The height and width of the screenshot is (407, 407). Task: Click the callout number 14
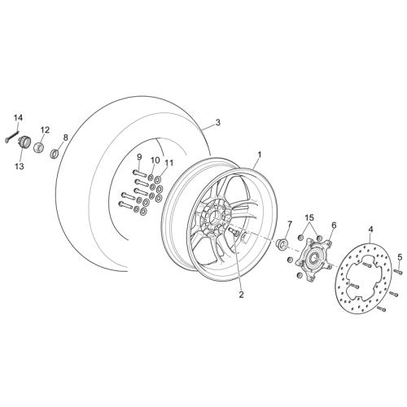19,118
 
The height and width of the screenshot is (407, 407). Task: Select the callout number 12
46,130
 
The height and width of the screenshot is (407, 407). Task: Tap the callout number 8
65,138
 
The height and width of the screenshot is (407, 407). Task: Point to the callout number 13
20,166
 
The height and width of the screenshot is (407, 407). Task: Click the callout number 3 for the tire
218,123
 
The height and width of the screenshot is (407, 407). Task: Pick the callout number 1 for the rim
260,155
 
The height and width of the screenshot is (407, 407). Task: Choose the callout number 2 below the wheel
241,295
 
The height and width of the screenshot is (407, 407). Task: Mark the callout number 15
309,217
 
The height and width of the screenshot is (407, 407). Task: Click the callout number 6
334,225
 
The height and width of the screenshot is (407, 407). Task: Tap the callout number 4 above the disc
370,230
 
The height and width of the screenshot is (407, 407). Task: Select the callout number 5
400,257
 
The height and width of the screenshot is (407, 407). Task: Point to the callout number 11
168,163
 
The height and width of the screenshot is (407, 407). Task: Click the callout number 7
290,225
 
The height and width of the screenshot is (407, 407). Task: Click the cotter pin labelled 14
12,137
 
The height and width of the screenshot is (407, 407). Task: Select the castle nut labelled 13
24,142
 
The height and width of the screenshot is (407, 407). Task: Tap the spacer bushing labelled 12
39,148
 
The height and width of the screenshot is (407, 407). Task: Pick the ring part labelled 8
55,153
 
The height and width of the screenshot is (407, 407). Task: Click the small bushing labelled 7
282,243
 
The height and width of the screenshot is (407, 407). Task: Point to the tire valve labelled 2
234,231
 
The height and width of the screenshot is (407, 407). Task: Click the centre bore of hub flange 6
314,256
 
